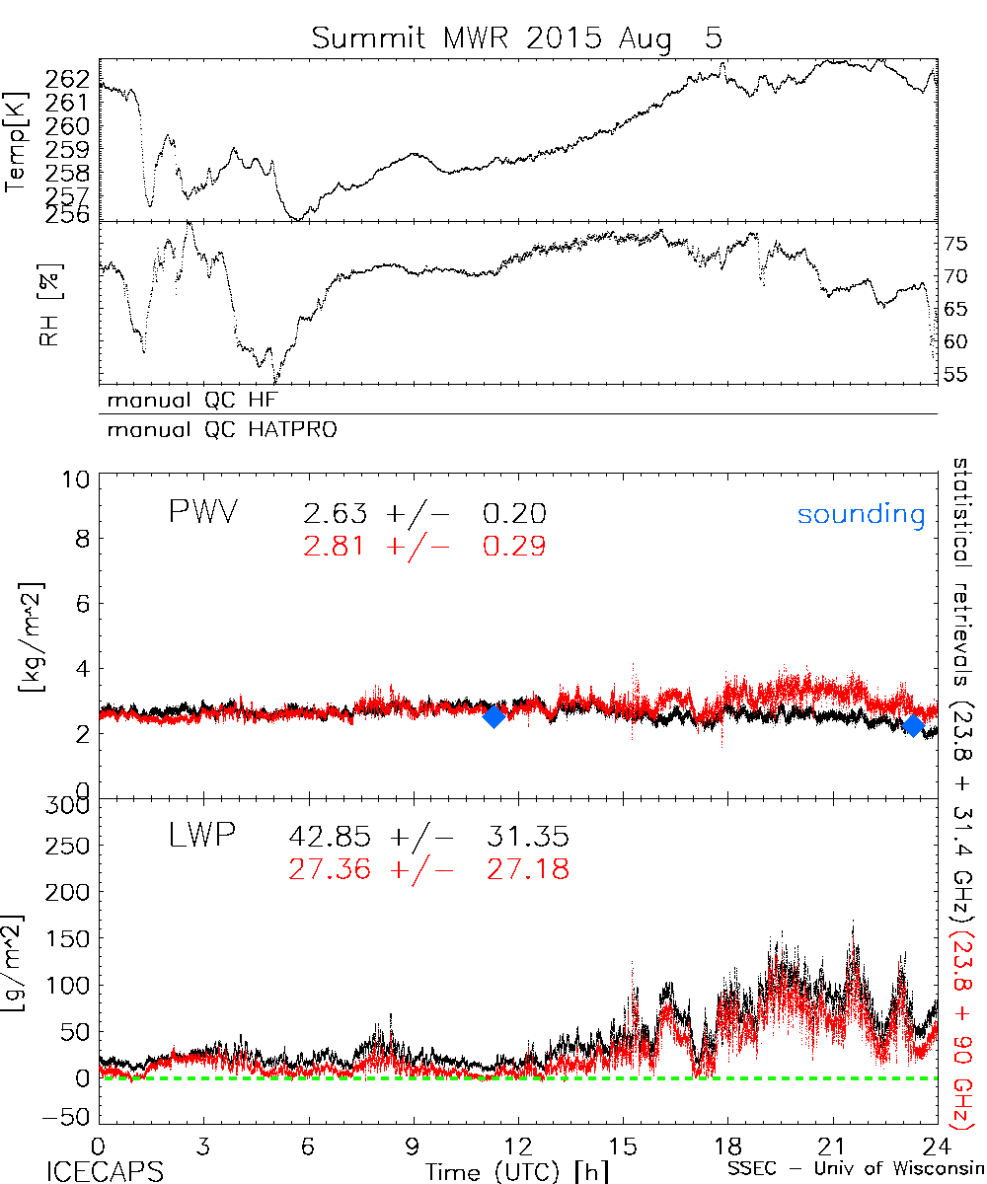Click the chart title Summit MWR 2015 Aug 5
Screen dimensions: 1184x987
point(517,38)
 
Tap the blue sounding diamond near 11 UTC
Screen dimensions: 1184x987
point(493,717)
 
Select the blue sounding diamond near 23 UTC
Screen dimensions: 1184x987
point(913,726)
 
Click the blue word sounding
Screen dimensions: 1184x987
point(862,514)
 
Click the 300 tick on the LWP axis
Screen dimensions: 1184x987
point(73,804)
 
